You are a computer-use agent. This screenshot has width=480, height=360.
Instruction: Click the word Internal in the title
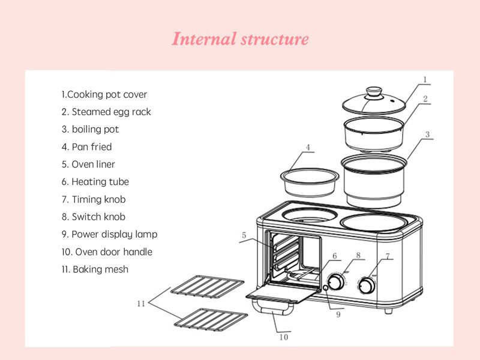coord(204,39)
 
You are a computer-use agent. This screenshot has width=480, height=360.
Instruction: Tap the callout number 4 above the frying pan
coord(308,147)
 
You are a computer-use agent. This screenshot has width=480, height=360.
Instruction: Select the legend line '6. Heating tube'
coord(95,182)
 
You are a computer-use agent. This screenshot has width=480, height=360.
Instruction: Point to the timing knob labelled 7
coord(366,286)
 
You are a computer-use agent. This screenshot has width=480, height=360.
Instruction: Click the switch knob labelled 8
coord(335,281)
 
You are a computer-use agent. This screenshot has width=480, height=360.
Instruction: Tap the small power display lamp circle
coord(326,287)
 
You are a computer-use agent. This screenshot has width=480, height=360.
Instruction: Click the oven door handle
coord(272,308)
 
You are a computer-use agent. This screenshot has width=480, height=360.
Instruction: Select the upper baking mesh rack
coord(207,287)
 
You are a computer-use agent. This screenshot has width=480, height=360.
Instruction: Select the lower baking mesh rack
coord(211,319)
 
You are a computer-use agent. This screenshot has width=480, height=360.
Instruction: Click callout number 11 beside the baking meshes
coord(141,304)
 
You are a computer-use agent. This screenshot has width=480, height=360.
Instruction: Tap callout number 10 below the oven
coord(284,337)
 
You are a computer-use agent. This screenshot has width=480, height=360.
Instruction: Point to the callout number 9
coord(338,314)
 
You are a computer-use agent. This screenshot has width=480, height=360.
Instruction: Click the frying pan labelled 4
coord(310,182)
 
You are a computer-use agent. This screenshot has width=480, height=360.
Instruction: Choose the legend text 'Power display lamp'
coord(115,235)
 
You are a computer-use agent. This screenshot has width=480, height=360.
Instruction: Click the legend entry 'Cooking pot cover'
coord(107,95)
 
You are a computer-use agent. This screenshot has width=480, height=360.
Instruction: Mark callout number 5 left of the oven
coord(244,235)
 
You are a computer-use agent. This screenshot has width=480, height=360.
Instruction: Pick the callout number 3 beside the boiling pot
coord(427,134)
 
